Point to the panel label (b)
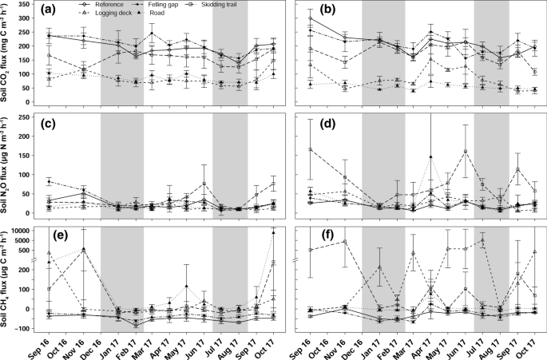(304, 11)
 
